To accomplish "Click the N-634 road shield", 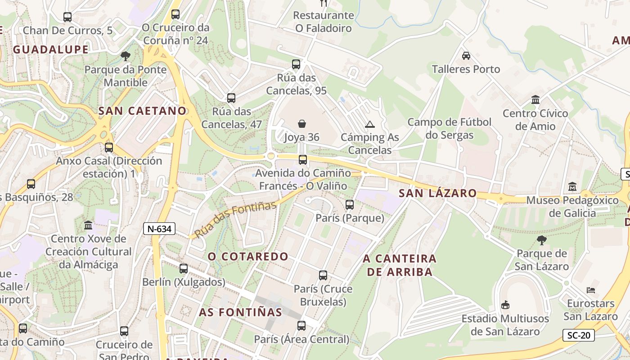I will [x=159, y=229].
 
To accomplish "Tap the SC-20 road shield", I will [x=578, y=335].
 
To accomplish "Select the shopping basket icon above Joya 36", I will [x=301, y=123].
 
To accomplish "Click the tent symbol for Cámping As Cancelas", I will [x=370, y=124].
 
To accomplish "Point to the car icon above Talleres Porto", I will [x=466, y=56].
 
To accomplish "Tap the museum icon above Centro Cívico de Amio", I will [x=535, y=99].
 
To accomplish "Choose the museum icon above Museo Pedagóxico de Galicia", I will [x=572, y=186].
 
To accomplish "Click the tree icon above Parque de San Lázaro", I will [x=542, y=240].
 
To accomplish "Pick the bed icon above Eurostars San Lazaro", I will [x=591, y=290].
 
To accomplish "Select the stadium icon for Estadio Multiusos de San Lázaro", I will [x=505, y=305].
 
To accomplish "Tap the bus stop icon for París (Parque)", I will [x=350, y=205].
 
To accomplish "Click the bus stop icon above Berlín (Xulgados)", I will [x=184, y=269].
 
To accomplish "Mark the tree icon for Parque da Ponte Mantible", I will [x=126, y=56].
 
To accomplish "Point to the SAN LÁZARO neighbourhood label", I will [x=437, y=193].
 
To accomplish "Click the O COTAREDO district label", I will [x=248, y=256].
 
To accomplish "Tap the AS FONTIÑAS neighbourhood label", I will [x=241, y=312].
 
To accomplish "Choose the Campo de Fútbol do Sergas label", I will [x=449, y=129].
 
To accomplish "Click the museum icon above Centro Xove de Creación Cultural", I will [x=88, y=225].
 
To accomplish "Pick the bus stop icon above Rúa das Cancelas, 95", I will [x=296, y=64].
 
